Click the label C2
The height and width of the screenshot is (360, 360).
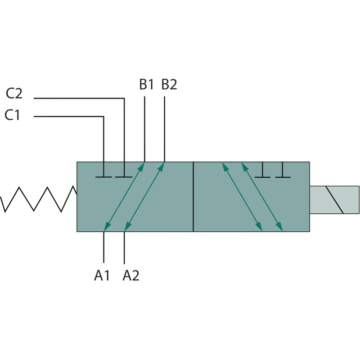pyautogui.click(x=14, y=94)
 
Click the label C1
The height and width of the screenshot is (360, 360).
pyautogui.click(x=13, y=115)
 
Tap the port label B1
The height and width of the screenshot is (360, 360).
pyautogui.click(x=146, y=84)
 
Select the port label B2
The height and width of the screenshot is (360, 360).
pyautogui.click(x=169, y=84)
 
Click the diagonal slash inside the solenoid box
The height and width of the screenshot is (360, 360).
pyautogui.click(x=334, y=199)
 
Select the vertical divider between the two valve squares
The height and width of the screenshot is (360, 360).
pyautogui.click(x=193, y=197)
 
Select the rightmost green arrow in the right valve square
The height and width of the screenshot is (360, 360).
pyautogui.click(x=262, y=197)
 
